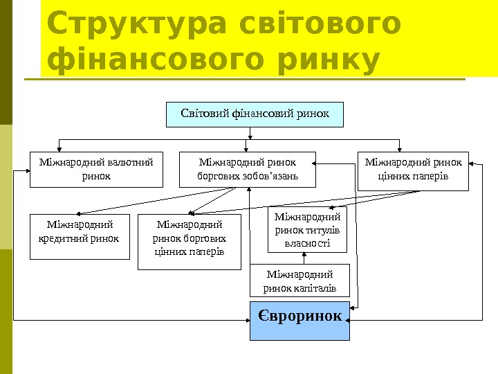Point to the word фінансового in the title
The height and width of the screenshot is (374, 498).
(158, 61)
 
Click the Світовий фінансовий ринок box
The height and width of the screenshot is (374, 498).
(255, 114)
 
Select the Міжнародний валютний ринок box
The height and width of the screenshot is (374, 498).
(96, 170)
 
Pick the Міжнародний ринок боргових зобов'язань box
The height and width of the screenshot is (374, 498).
(248, 170)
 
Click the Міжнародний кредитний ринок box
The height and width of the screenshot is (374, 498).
(80, 237)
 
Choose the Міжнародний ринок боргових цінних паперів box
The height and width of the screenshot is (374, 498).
(190, 242)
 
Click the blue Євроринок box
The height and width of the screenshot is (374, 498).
(299, 321)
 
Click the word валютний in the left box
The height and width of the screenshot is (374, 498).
(128, 163)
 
